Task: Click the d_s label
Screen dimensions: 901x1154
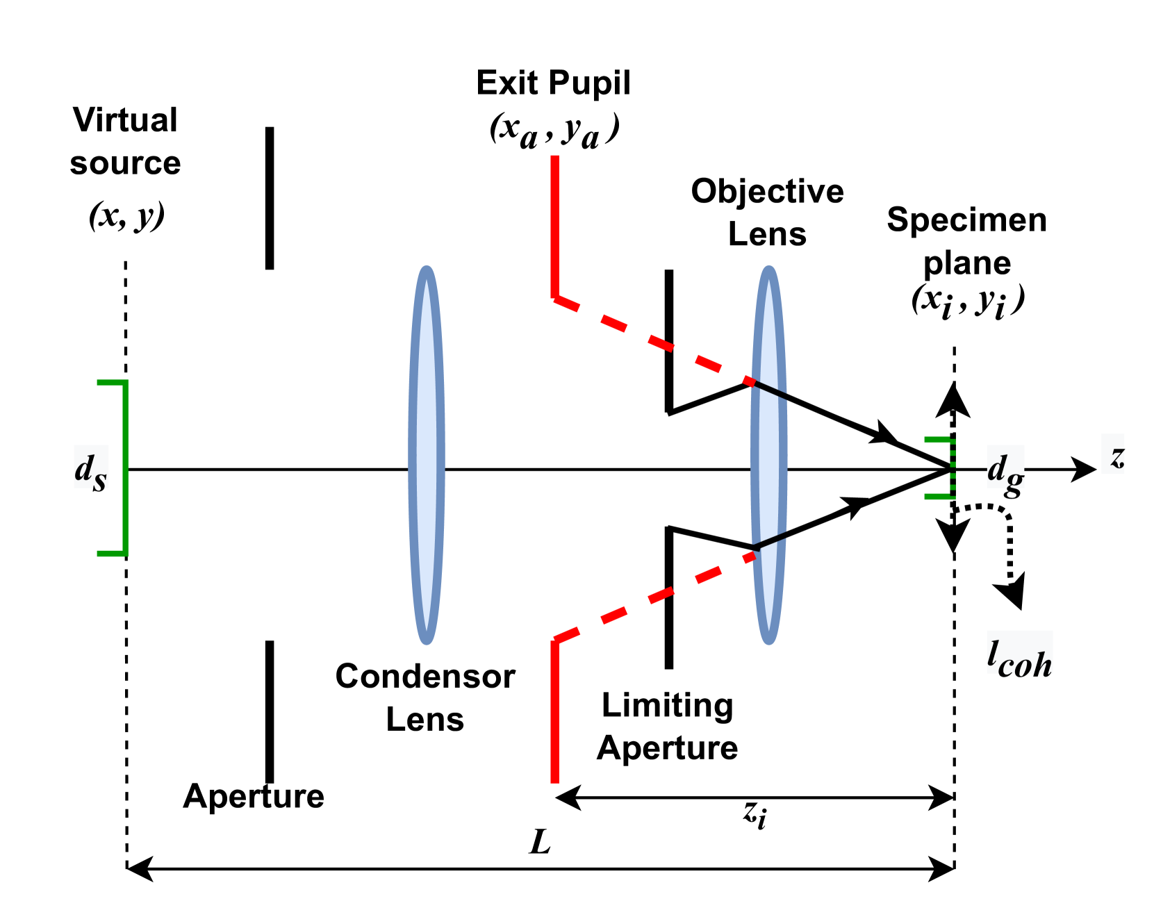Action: tap(91, 467)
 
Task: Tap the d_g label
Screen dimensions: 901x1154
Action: tap(1005, 467)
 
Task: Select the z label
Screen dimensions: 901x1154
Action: tap(1112, 454)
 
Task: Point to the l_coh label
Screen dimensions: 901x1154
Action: tap(1019, 652)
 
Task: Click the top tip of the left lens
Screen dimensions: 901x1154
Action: tap(427, 268)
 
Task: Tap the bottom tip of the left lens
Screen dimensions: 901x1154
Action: tap(427, 642)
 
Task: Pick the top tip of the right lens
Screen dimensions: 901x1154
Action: tap(768, 268)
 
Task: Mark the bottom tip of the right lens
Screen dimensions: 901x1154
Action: tap(768, 642)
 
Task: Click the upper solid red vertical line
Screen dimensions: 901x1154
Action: tap(554, 226)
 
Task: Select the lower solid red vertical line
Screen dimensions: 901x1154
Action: tap(554, 712)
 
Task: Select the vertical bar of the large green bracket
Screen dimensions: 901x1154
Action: tap(125, 468)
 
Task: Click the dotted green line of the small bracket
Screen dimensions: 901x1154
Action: tap(953, 469)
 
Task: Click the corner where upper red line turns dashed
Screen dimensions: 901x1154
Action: tap(555, 298)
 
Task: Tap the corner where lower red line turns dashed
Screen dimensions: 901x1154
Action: tap(555, 639)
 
